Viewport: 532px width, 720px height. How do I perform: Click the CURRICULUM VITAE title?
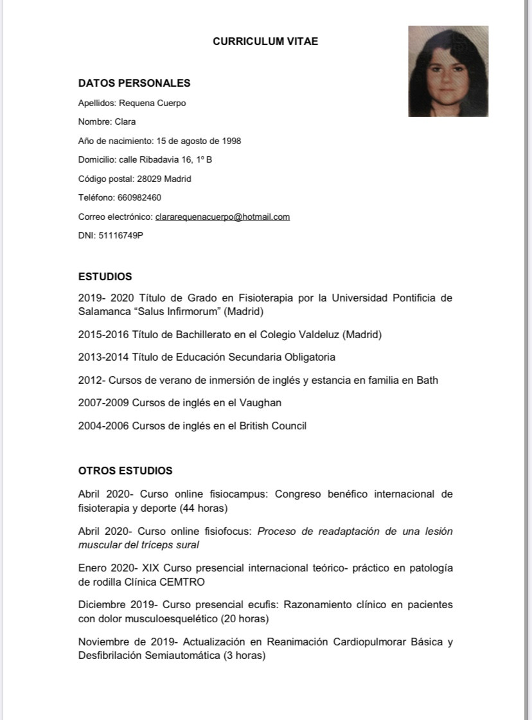(x=265, y=42)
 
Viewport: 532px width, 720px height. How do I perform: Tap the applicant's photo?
(x=448, y=71)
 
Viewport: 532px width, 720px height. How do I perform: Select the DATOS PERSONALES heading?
(x=134, y=83)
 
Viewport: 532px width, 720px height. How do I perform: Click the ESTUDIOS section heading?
(x=105, y=276)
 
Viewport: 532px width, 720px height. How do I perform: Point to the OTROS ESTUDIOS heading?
(x=125, y=471)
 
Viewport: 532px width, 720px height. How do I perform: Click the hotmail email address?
(x=222, y=217)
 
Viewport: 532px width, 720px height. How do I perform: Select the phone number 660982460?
(x=139, y=197)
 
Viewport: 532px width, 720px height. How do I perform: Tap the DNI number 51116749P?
(x=121, y=235)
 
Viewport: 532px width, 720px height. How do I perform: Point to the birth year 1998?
(x=231, y=141)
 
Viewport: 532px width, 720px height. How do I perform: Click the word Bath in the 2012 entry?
(x=427, y=380)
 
